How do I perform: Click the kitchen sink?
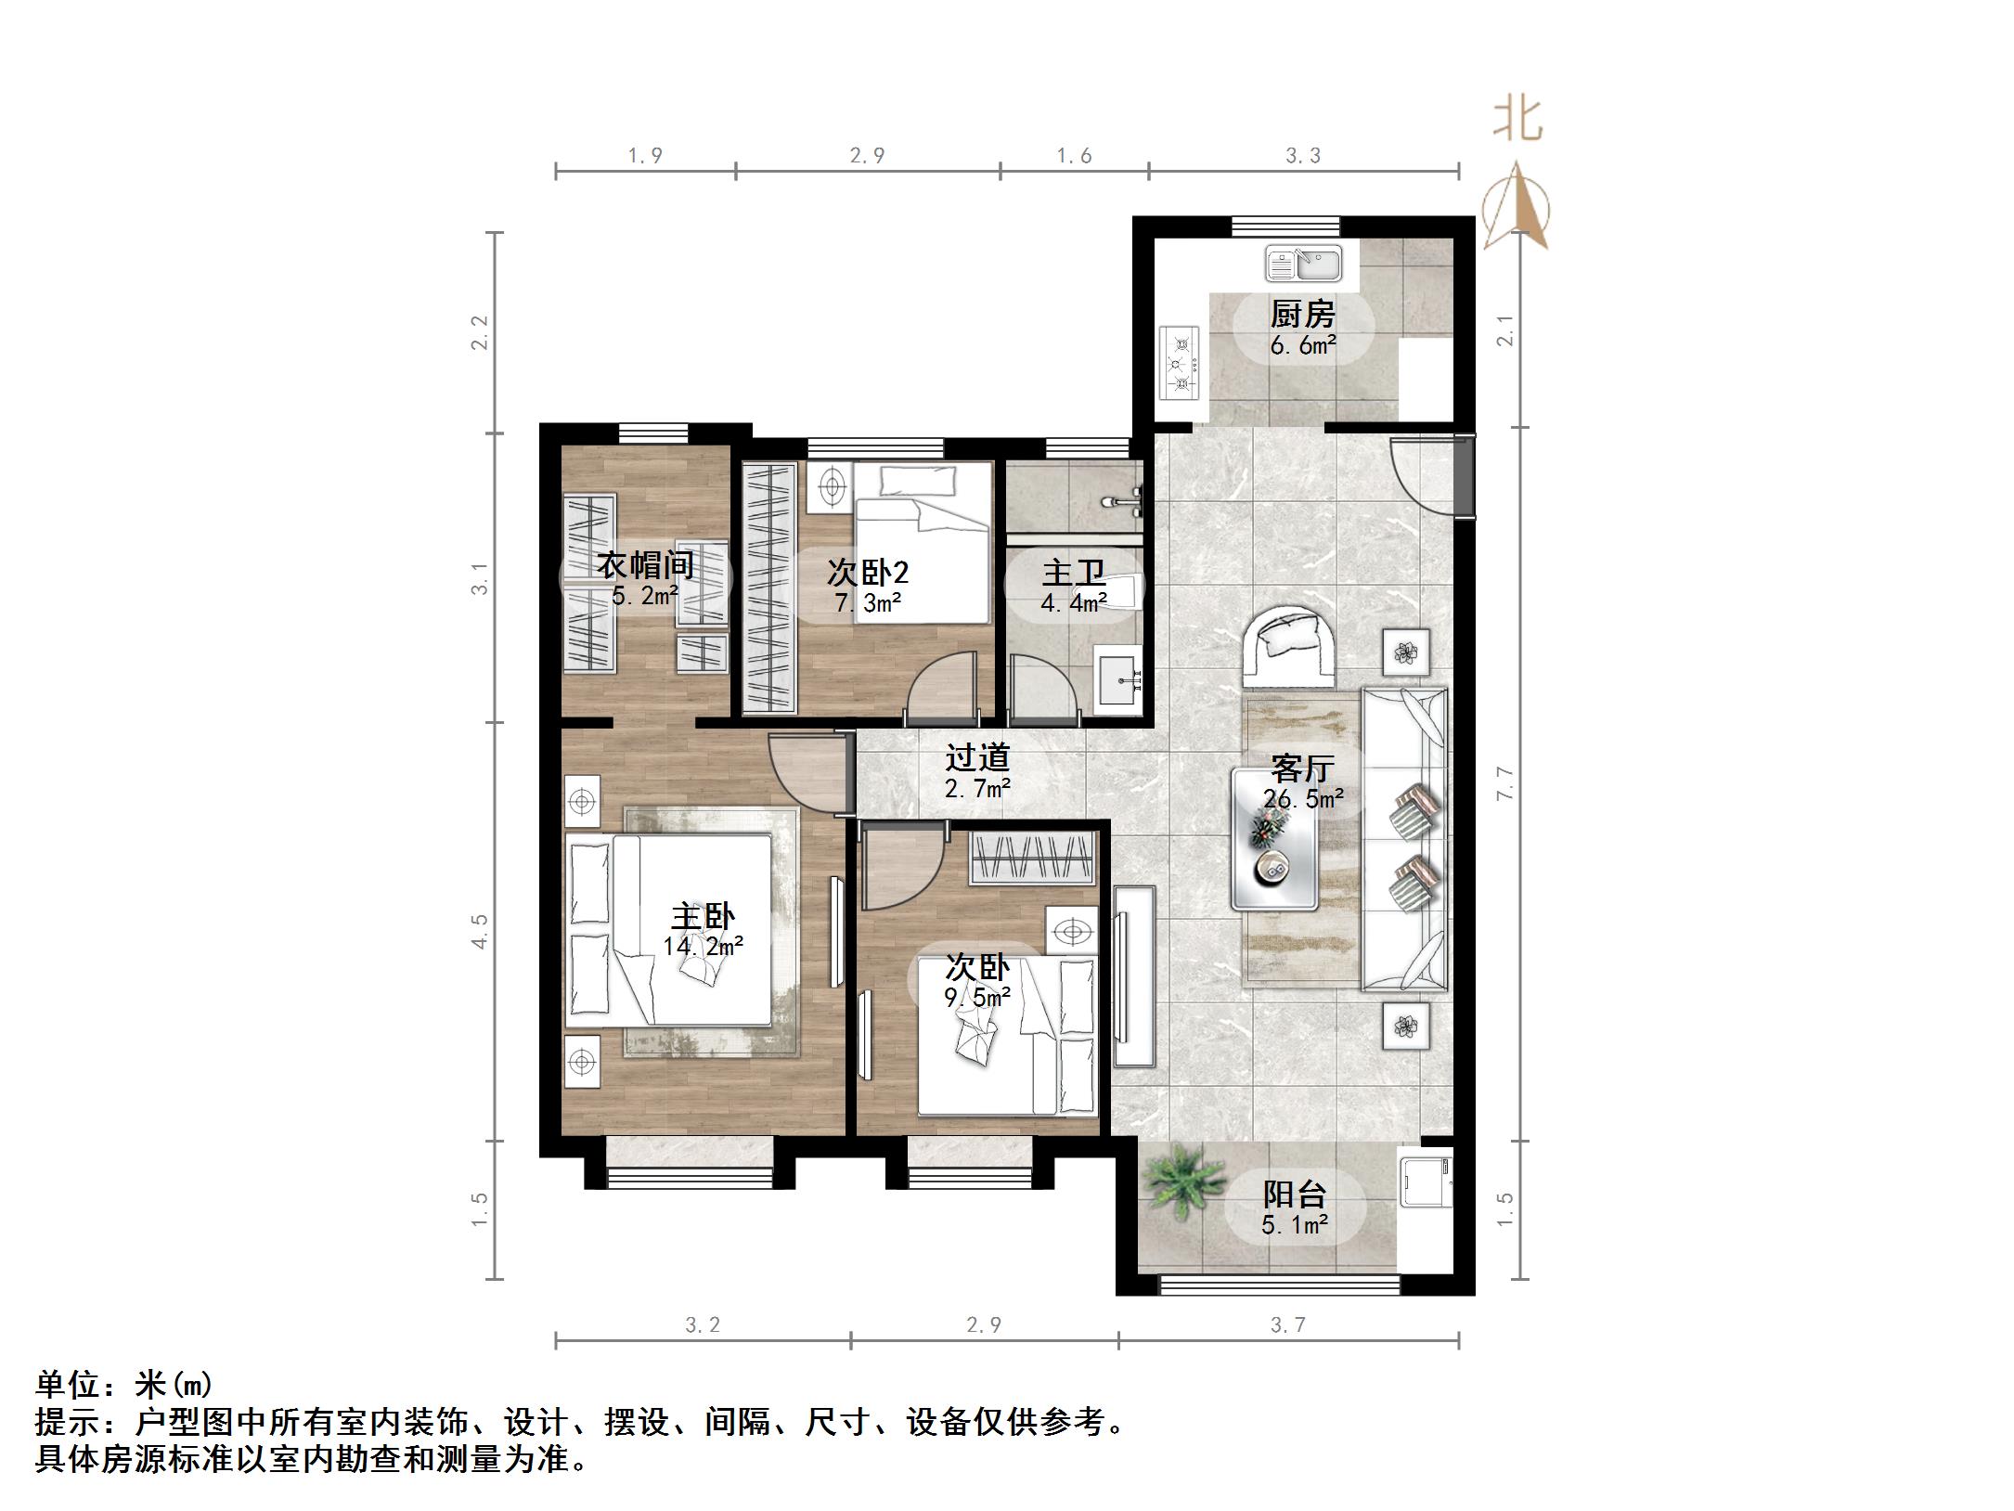click(x=1303, y=263)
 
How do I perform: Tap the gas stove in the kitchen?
click(x=1179, y=364)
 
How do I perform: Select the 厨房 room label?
click(x=1302, y=315)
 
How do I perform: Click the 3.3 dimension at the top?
click(x=1302, y=156)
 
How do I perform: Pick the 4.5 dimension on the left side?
click(x=479, y=930)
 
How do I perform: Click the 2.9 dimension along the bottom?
click(x=983, y=1324)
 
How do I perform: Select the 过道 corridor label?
click(x=976, y=757)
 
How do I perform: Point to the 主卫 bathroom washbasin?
click(x=1117, y=681)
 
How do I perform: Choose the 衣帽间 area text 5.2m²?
click(x=644, y=595)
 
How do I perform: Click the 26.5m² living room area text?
click(x=1303, y=798)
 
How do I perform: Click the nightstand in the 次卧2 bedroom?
click(x=831, y=485)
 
